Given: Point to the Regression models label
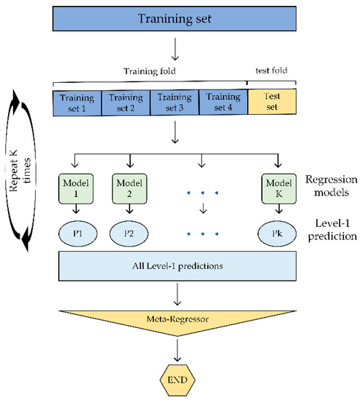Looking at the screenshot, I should click(327, 184).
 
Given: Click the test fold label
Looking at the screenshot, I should click(271, 75).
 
